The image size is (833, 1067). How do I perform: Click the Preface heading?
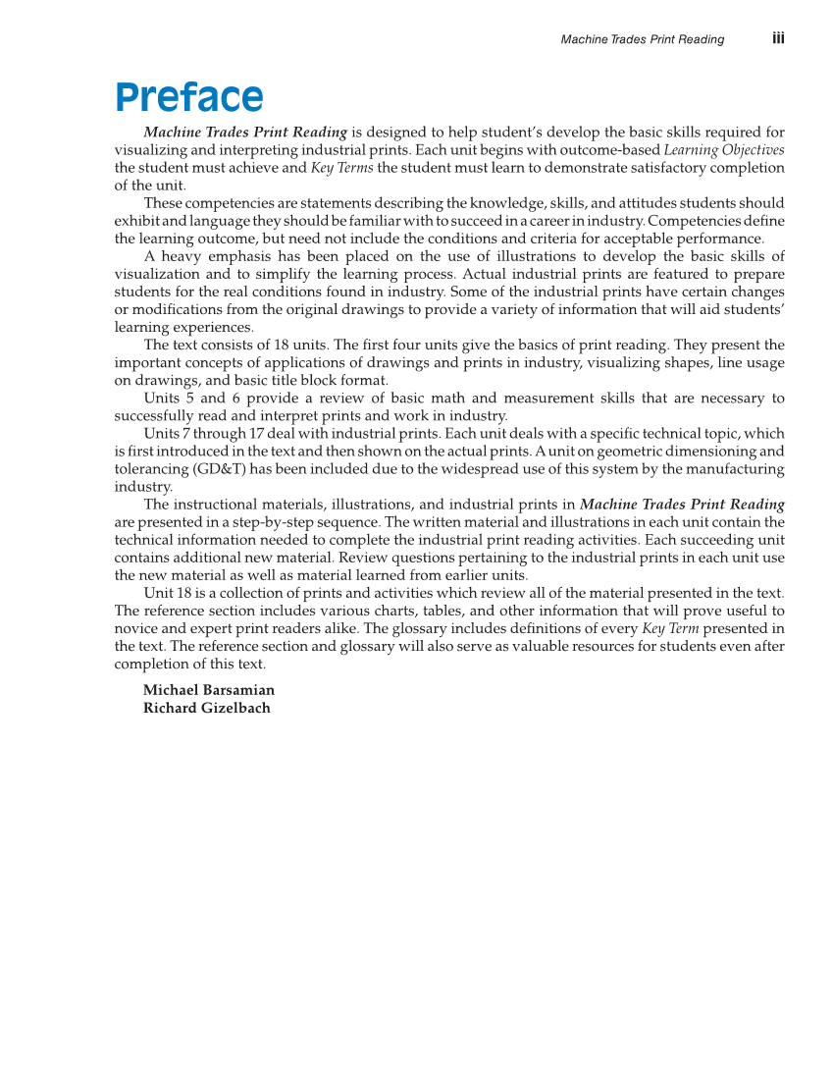188,98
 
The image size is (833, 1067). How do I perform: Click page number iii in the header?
778,38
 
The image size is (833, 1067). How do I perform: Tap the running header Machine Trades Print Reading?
642,39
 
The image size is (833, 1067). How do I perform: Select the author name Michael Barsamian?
209,690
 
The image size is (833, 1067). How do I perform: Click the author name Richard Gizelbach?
206,708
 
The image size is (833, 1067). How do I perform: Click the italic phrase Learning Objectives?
724,150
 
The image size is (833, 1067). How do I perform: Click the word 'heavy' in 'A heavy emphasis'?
181,256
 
